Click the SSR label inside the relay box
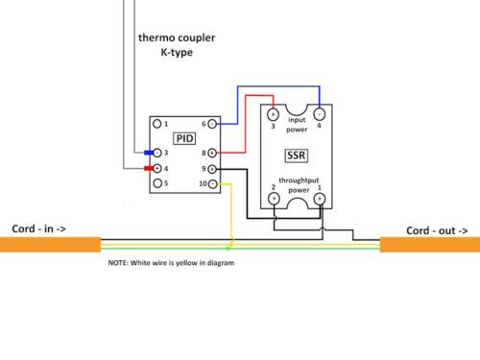[x=296, y=154]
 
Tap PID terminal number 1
[x=157, y=124]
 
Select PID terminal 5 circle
[x=157, y=182]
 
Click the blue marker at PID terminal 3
[x=148, y=153]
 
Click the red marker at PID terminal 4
[x=149, y=168]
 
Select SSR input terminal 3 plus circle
[x=273, y=114]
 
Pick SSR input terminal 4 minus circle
[x=319, y=114]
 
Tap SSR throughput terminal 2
[x=273, y=198]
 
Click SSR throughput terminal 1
[x=319, y=198]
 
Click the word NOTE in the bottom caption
[x=120, y=262]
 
